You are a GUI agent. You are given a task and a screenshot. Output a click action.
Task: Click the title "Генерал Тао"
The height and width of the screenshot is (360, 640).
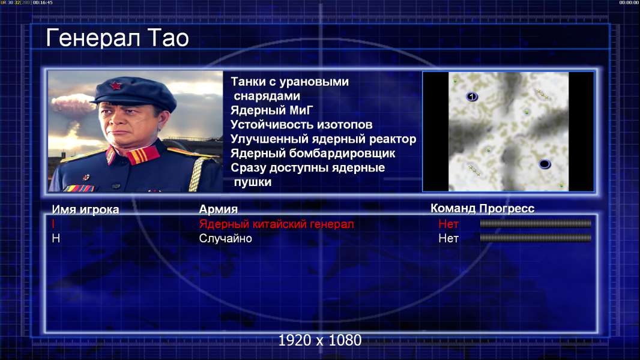117,38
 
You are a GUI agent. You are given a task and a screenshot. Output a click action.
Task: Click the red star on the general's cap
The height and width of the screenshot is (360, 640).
116,85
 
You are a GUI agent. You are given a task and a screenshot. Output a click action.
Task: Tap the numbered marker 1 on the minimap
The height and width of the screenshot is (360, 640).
472,97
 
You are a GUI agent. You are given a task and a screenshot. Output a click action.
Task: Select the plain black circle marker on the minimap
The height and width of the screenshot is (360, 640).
545,164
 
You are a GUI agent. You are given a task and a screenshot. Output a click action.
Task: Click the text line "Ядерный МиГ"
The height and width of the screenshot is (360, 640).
272,110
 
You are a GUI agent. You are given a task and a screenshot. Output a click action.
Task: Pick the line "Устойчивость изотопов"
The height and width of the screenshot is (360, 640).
301,124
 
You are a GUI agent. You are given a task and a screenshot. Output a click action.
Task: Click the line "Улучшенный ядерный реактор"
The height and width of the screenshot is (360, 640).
323,139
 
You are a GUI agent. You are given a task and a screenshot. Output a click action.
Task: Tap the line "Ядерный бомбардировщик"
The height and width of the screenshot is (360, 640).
313,153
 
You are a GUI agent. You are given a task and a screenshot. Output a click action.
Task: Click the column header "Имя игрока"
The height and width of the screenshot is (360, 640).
85,209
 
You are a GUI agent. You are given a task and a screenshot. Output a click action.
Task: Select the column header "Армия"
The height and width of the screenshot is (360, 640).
219,209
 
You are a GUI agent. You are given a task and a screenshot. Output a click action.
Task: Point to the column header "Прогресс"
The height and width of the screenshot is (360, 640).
507,208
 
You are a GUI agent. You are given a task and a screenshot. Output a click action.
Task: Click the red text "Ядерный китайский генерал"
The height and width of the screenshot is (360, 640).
276,224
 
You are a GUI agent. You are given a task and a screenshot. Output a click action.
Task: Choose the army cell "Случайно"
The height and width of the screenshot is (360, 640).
225,238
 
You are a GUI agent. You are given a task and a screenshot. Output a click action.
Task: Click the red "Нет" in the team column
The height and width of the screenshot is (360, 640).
448,224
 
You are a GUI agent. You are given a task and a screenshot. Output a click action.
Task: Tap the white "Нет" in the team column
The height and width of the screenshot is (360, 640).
448,238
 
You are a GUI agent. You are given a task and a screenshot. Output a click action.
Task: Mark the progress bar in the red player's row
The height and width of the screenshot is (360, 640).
536,223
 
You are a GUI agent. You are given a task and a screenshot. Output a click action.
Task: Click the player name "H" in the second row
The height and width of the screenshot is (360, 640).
56,238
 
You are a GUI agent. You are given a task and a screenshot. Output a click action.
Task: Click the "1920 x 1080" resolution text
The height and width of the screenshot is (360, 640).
320,340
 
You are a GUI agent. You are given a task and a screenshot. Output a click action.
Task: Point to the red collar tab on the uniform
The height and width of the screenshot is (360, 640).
142,155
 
